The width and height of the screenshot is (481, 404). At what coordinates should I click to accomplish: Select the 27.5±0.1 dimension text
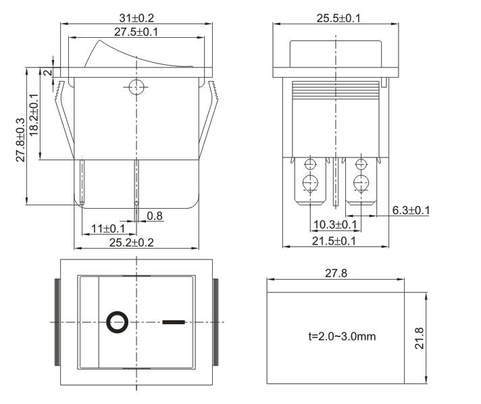[136, 32]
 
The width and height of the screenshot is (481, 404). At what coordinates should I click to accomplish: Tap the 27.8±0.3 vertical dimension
[21, 139]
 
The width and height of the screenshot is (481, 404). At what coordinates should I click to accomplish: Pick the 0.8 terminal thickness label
[155, 216]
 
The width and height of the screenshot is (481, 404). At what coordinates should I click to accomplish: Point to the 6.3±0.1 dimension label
[411, 210]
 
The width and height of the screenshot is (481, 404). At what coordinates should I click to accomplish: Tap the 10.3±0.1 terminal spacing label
[334, 224]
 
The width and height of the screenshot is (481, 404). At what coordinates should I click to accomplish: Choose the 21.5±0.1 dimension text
[334, 241]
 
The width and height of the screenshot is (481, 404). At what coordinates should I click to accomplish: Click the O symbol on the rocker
[116, 322]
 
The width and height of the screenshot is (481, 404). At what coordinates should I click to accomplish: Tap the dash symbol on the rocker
[173, 322]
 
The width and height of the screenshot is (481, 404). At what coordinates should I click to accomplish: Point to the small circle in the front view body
[136, 86]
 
